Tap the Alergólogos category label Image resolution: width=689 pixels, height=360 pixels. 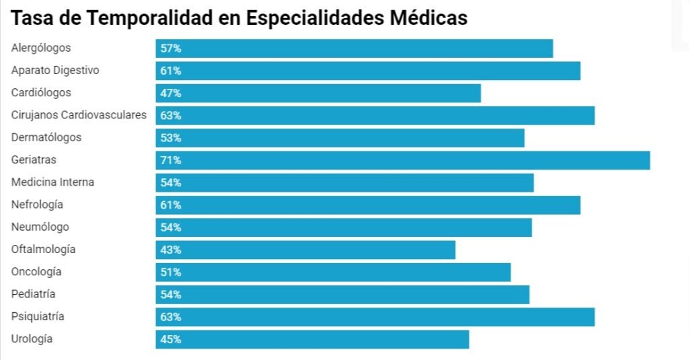[41, 48]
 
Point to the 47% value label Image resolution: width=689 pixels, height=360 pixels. [171, 93]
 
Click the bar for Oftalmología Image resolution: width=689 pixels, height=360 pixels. [305, 250]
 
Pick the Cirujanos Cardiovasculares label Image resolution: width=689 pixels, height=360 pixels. [79, 115]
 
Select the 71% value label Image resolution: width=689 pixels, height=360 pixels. [171, 160]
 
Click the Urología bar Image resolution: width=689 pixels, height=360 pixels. [312, 339]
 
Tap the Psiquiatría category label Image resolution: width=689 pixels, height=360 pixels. [38, 316]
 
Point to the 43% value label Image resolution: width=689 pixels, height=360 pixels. [171, 250]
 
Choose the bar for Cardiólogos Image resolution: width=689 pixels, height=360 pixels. [318, 93]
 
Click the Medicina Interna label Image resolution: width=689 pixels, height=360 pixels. [52, 182]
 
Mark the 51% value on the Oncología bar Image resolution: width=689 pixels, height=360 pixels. [171, 272]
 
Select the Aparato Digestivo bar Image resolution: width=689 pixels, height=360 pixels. [368, 71]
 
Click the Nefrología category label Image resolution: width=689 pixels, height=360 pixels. [37, 205]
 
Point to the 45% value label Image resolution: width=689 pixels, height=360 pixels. [171, 339]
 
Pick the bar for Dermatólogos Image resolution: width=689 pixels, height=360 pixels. [340, 138]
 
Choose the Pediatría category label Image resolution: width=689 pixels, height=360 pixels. [33, 294]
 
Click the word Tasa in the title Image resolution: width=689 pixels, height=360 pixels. [30, 18]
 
